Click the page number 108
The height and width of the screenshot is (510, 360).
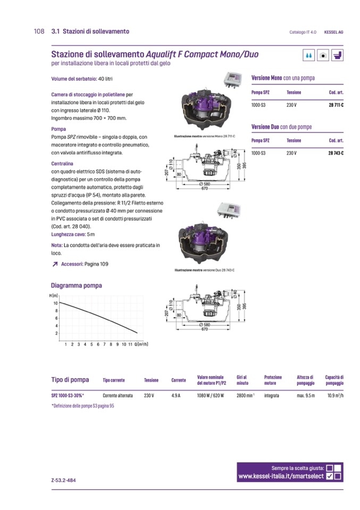tap(38, 31)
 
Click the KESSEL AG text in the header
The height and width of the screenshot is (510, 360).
tap(333, 32)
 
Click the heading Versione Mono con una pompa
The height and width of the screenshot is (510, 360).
tap(282, 78)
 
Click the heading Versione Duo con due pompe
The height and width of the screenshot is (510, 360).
tap(281, 127)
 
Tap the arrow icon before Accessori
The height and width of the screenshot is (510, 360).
tap(55, 264)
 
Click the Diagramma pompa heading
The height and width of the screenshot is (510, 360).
tap(76, 285)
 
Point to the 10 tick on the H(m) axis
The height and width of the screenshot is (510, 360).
tap(55, 303)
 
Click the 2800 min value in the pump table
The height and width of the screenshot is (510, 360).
tap(246, 396)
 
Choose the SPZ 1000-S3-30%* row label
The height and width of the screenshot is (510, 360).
tap(68, 396)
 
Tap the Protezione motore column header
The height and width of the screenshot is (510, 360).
tap(273, 380)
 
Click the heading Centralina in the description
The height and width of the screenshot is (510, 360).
tap(62, 163)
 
